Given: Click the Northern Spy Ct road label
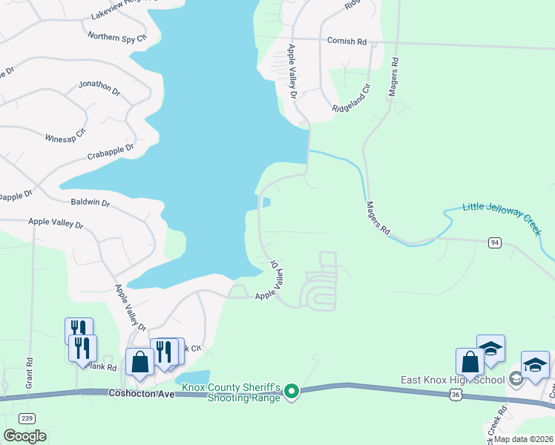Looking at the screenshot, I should click(x=117, y=36).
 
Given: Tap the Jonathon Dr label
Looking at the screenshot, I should click(x=99, y=88).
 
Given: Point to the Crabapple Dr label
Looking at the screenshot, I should click(x=110, y=151).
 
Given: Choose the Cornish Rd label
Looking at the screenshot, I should click(x=347, y=42).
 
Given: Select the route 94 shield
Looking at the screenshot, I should click(x=494, y=243).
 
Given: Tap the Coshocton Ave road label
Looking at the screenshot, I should click(x=141, y=394).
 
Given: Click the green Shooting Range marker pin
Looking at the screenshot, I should click(x=292, y=390).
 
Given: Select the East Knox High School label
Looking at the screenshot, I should click(x=453, y=380).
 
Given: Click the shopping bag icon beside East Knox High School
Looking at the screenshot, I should click(x=470, y=363).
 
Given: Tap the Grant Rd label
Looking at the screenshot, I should click(x=30, y=373).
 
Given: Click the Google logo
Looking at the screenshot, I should click(x=25, y=436).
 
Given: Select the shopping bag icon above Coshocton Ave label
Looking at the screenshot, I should click(x=139, y=363).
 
